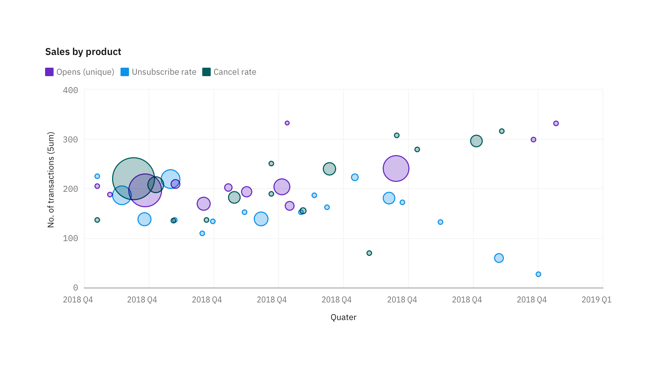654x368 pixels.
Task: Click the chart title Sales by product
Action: click(83, 52)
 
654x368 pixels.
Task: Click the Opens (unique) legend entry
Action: click(80, 72)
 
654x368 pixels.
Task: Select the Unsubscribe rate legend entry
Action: click(159, 72)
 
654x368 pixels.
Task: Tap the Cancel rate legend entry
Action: click(230, 72)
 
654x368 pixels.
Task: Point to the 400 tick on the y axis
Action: click(70, 90)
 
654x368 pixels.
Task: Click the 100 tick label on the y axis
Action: click(70, 238)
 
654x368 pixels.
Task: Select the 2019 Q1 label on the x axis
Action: click(596, 300)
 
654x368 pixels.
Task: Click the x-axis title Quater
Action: click(343, 317)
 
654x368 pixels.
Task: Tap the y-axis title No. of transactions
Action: click(51, 180)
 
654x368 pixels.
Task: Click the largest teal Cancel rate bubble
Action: click(134, 178)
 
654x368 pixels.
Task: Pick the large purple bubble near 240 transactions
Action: click(396, 168)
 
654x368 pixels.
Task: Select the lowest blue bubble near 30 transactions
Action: click(538, 274)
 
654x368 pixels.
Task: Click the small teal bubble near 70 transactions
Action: click(369, 253)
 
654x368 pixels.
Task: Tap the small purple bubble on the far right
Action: click(556, 123)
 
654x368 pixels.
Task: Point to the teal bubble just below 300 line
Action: click(476, 141)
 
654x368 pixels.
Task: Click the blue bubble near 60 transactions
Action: click(499, 258)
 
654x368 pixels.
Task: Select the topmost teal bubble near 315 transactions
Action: click(501, 131)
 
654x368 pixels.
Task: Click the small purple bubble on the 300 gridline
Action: click(533, 140)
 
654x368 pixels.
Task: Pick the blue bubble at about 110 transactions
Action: click(202, 233)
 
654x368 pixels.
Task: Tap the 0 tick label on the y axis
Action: click(75, 288)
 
